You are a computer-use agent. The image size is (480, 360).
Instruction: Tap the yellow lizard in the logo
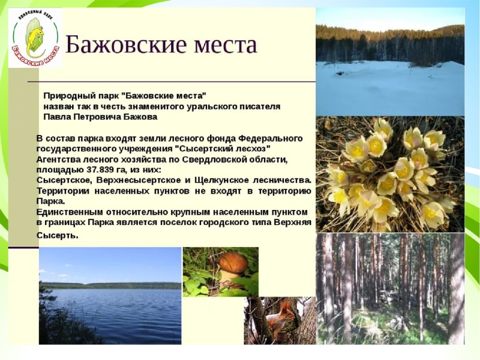click(x=35, y=39)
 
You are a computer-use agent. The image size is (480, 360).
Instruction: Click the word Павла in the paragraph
click(x=57, y=117)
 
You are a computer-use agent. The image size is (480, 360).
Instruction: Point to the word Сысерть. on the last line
click(x=58, y=236)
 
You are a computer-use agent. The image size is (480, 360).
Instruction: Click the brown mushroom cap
click(x=232, y=263)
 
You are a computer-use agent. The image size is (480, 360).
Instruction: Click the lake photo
click(x=110, y=296)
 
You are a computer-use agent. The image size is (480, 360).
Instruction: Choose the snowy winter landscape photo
click(x=390, y=62)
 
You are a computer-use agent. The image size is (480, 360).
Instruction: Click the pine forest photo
click(x=390, y=288)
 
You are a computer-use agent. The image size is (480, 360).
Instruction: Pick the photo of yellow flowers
click(x=390, y=174)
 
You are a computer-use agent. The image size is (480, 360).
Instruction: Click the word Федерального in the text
click(x=270, y=138)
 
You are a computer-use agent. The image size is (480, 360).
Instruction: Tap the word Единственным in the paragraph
click(x=70, y=212)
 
